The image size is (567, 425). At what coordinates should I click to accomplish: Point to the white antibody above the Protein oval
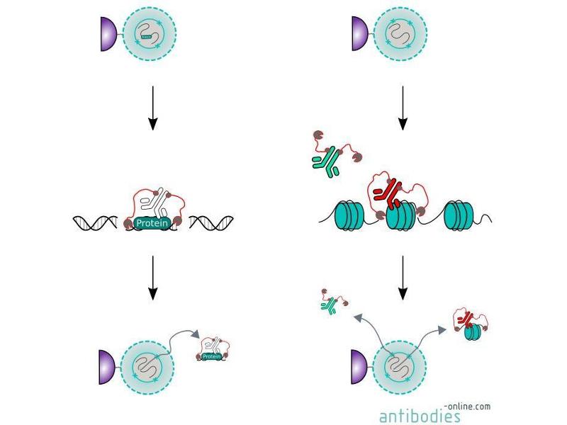click(152, 205)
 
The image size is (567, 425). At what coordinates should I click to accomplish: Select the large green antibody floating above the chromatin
click(324, 163)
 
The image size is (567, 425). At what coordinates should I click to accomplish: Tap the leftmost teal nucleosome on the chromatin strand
click(348, 215)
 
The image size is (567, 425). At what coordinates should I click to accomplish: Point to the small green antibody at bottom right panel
click(330, 306)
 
